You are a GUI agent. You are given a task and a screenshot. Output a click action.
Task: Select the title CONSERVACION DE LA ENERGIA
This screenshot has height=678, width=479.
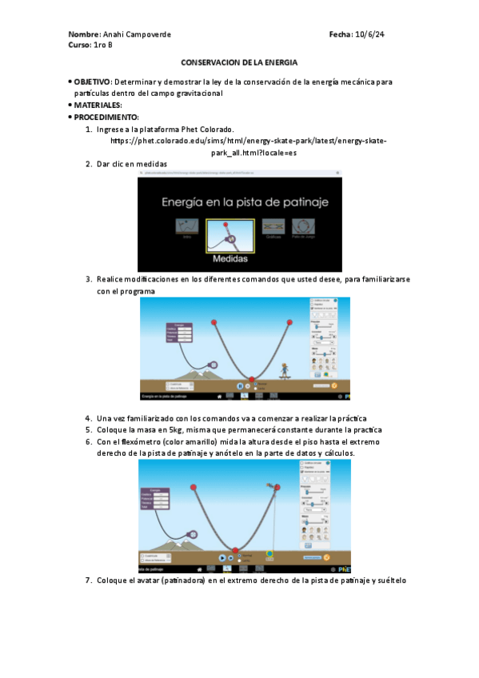(x=239, y=62)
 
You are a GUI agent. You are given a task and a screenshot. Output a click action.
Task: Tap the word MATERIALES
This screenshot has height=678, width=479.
(x=98, y=105)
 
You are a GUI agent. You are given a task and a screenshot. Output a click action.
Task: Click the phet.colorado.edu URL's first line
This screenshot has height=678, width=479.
(x=249, y=140)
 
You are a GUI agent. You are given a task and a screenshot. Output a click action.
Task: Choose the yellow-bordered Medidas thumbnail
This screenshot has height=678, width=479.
(x=230, y=236)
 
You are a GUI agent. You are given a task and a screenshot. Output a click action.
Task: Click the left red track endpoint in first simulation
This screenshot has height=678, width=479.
(x=214, y=322)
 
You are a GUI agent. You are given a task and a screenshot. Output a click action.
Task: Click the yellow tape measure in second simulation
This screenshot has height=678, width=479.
(x=269, y=552)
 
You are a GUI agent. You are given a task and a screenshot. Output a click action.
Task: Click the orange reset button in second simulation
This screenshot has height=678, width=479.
(x=326, y=556)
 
